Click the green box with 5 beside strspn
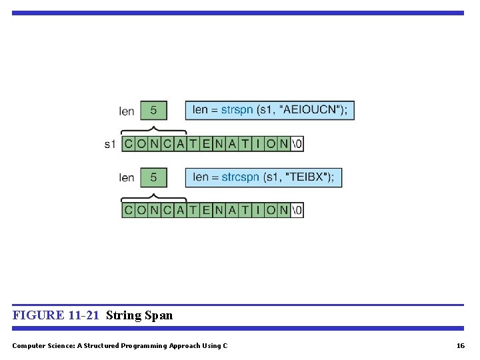(153, 110)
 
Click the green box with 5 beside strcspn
(153, 177)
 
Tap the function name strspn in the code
(237, 109)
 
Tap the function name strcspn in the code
(240, 177)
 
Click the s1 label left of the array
(110, 144)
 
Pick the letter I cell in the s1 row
(258, 143)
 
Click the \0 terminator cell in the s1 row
(297, 143)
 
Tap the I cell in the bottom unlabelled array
(258, 210)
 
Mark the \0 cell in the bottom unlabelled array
(297, 210)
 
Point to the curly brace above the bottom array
(154, 196)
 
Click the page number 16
(460, 345)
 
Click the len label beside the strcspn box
(127, 178)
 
